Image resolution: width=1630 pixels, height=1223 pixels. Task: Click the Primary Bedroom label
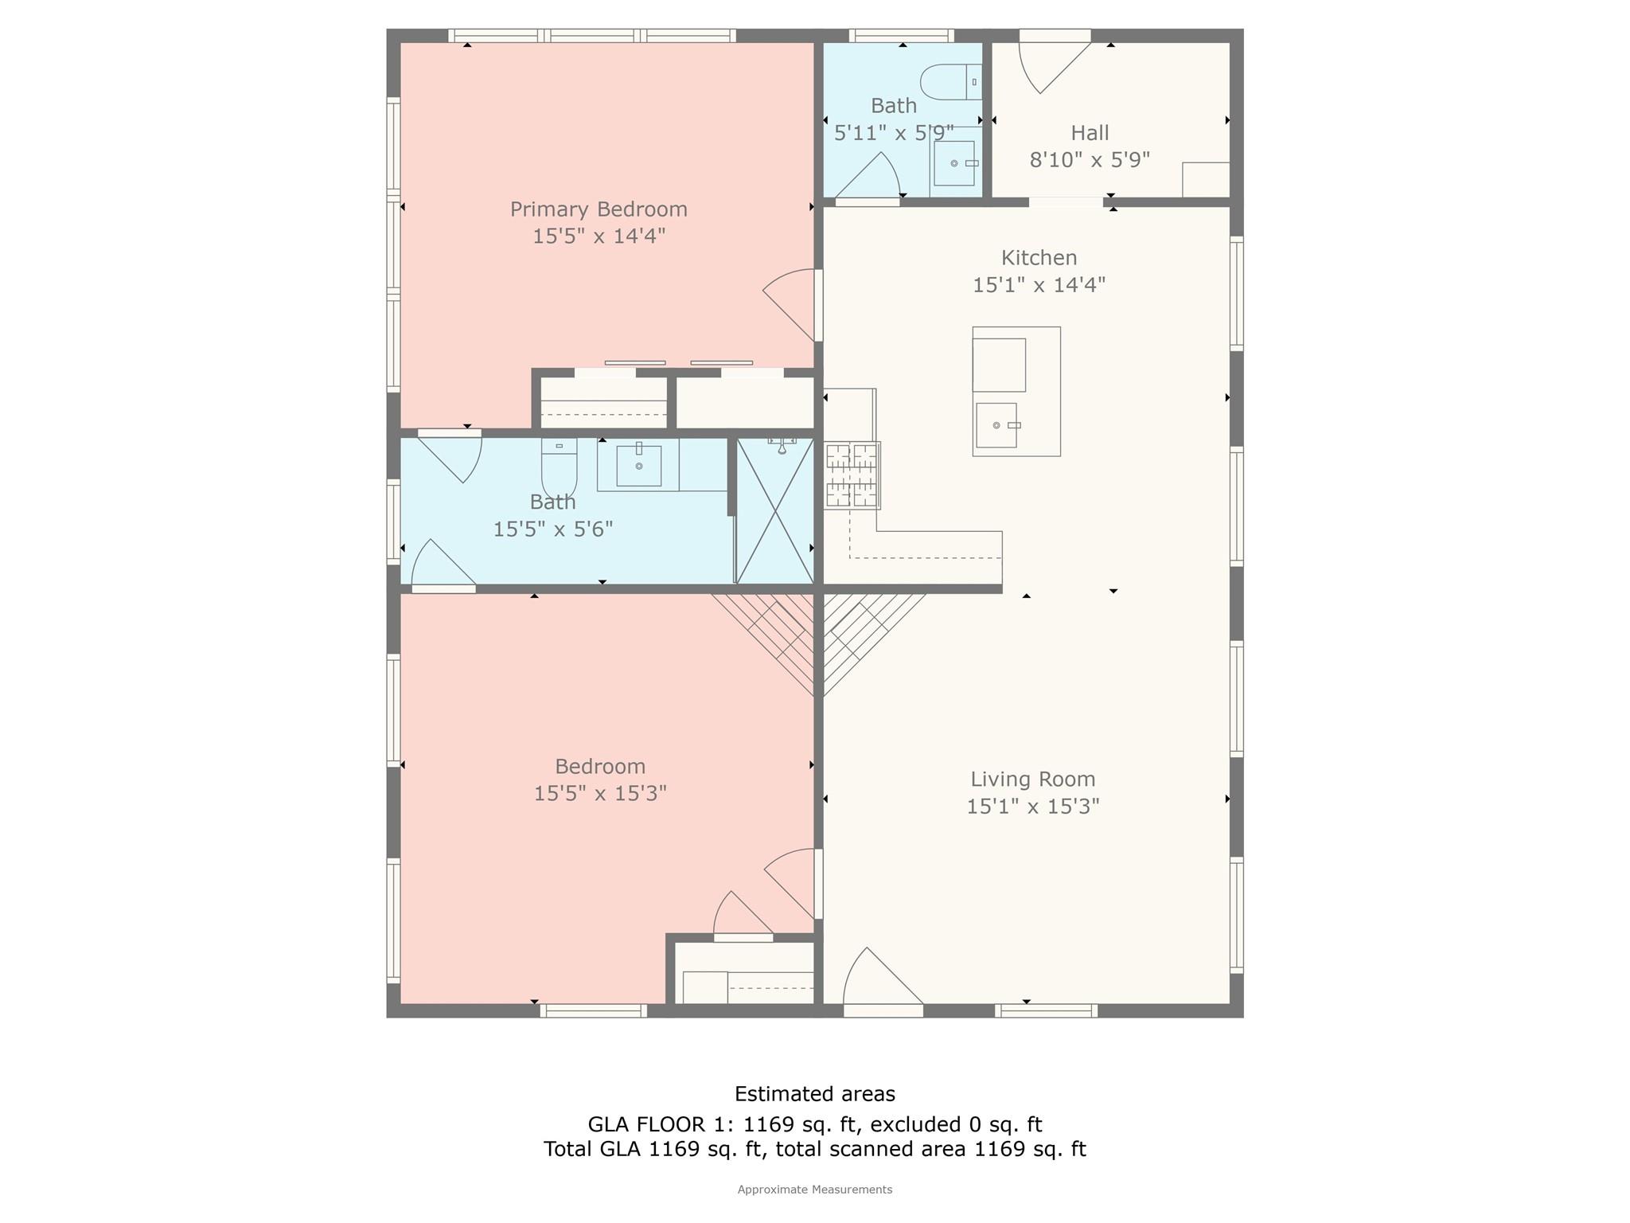coord(599,209)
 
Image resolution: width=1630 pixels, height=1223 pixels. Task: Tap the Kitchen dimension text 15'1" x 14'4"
coord(1039,285)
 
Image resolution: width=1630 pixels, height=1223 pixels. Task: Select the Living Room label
coord(1032,779)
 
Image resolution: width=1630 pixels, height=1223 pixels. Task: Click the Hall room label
coord(1090,133)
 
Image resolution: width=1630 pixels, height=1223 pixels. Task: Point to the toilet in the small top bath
coord(950,82)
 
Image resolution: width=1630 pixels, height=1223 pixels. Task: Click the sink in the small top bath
coord(954,163)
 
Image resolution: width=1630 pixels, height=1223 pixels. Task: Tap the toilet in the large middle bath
coord(559,468)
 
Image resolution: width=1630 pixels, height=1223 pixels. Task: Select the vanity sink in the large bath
coord(638,466)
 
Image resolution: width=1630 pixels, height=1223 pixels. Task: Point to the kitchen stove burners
coord(852,475)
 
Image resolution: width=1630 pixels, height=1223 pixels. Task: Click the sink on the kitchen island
coord(996,425)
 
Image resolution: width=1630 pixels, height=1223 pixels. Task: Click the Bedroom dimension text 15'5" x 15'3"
coord(600,794)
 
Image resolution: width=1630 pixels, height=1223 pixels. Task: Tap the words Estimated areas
coord(814,1094)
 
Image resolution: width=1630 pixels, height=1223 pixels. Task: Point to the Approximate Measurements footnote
coord(814,1190)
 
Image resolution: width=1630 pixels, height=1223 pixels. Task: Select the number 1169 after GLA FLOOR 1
coord(768,1124)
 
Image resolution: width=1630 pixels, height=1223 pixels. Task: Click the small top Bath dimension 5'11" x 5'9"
coord(893,133)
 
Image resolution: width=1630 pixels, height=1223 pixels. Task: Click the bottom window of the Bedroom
coord(593,1010)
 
